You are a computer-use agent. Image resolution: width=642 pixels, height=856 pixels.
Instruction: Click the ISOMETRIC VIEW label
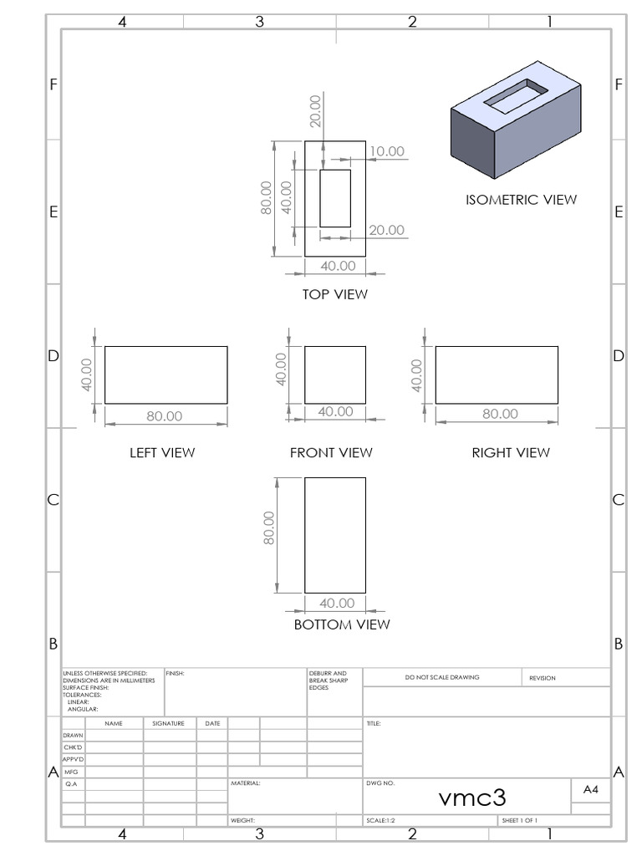click(521, 200)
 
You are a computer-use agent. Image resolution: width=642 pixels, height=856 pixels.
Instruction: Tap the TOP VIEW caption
click(334, 294)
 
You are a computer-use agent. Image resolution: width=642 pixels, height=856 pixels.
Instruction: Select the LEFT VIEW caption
click(162, 452)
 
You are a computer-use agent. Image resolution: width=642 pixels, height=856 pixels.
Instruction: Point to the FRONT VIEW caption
click(331, 452)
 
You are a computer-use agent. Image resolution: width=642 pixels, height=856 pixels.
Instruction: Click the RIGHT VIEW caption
click(511, 452)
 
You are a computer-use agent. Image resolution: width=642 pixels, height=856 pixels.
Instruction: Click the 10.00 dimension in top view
click(387, 151)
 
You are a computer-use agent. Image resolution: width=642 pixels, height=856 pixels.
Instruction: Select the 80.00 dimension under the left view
click(165, 415)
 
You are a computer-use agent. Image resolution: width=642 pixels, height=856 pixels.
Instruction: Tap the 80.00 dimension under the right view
click(500, 414)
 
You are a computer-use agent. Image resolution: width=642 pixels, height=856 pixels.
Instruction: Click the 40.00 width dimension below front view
click(336, 411)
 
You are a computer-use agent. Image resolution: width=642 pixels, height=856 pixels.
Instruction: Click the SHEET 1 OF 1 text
click(519, 821)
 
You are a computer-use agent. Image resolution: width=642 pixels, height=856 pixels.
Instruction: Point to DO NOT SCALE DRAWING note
click(441, 677)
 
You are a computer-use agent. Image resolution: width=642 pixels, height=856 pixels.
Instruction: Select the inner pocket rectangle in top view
click(334, 198)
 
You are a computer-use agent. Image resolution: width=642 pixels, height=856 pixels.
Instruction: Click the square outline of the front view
click(334, 374)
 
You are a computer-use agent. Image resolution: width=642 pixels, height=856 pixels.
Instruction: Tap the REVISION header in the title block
click(542, 678)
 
